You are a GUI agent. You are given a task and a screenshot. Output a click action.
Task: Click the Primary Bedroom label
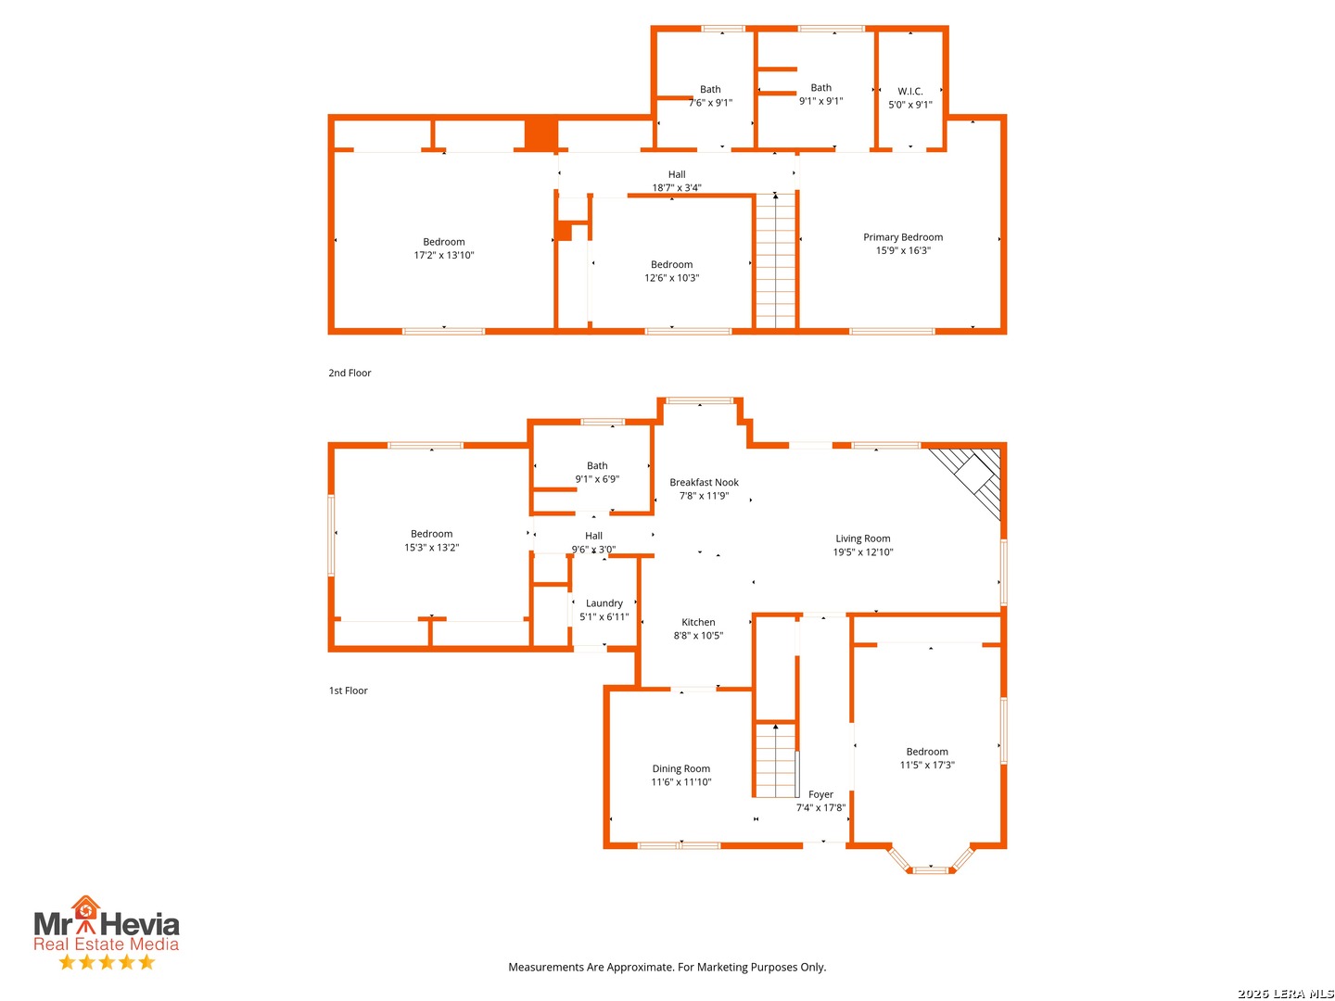point(903,237)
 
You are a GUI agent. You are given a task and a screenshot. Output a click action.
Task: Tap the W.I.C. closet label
point(909,91)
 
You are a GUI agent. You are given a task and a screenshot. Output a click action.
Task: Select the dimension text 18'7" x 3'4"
point(677,188)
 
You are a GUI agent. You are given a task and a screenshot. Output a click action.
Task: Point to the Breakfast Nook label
point(704,482)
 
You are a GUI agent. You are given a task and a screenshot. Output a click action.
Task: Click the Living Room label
point(862,539)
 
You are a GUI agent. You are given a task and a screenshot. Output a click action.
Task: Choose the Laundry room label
point(604,602)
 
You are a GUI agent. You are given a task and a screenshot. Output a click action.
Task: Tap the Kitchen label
point(698,622)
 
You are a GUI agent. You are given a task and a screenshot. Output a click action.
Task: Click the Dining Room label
point(680,768)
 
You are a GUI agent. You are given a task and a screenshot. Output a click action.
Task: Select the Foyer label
point(820,794)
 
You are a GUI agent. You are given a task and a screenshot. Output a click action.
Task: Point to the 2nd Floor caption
point(350,373)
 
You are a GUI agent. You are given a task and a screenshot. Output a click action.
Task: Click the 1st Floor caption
point(348,691)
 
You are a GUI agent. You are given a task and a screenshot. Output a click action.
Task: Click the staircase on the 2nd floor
point(775,261)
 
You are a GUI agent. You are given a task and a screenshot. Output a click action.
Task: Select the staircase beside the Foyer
point(775,760)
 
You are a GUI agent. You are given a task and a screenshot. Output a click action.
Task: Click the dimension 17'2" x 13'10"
point(443,255)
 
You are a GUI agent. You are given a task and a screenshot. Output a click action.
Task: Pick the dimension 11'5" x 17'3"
point(927,765)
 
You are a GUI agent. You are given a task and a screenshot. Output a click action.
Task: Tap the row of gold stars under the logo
point(107,961)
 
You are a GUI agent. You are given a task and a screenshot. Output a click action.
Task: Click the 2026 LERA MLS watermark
point(1285,993)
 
